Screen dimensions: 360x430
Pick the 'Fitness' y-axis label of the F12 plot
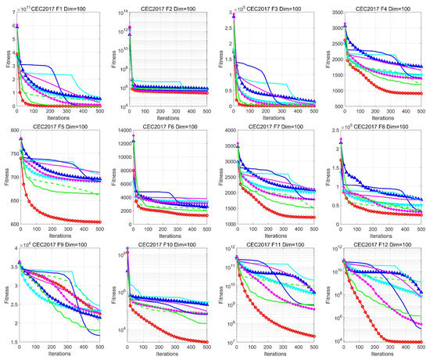click(x=329, y=296)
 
